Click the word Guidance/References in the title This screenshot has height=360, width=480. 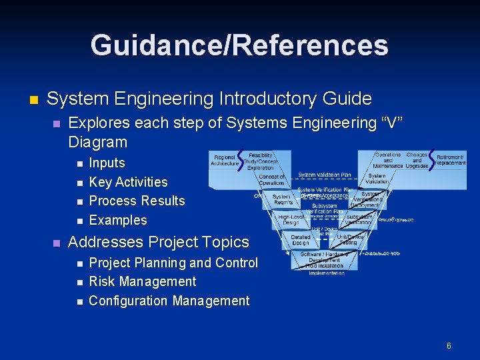239,45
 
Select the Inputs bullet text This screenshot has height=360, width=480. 107,163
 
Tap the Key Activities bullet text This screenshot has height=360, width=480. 128,182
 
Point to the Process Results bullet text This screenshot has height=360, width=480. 137,201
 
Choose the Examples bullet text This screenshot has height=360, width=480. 118,220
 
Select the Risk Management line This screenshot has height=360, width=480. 142,282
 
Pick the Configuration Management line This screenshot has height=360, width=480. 169,301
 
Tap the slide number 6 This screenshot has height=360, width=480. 449,346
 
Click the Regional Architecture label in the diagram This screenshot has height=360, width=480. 225,161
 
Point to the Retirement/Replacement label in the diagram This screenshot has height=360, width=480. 451,159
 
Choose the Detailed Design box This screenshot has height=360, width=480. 301,239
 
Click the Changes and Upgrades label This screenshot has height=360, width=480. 417,159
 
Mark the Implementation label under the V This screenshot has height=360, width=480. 326,273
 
